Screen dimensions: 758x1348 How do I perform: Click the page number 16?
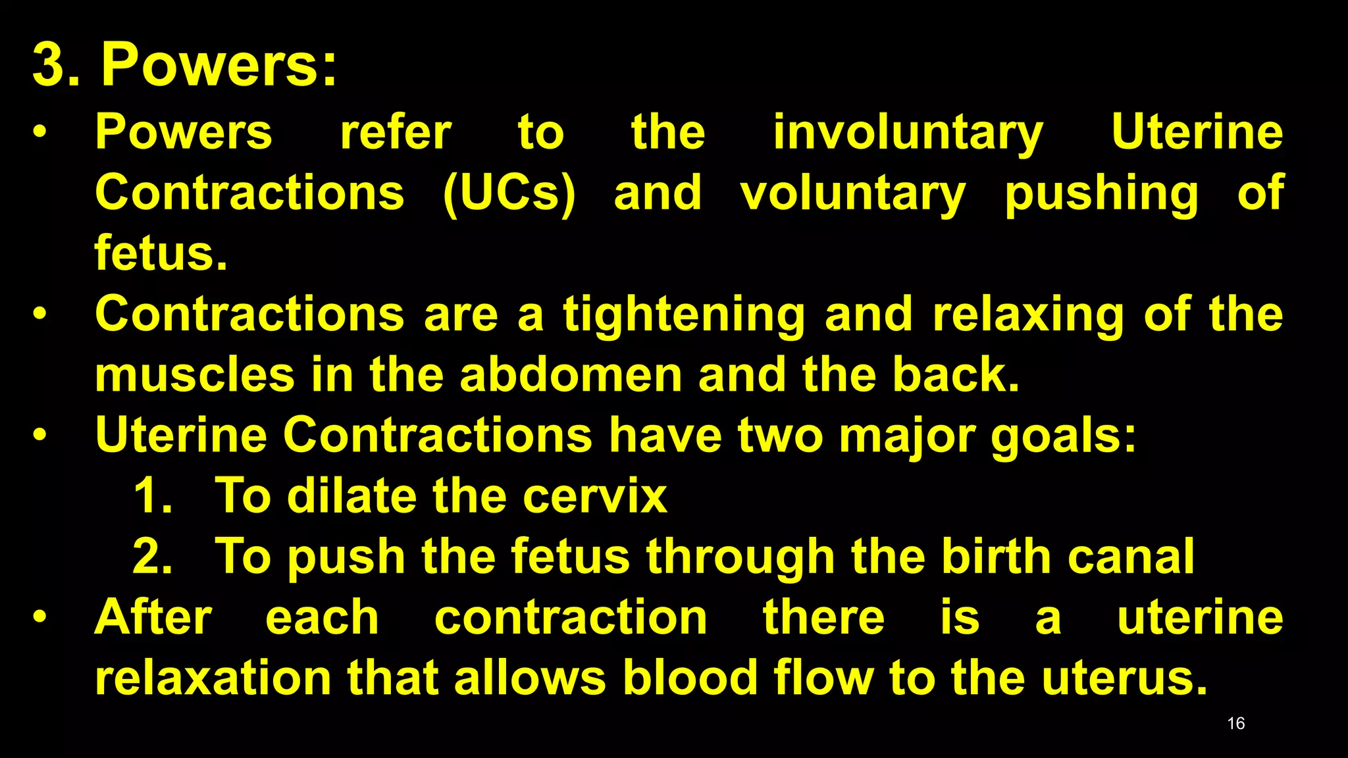pyautogui.click(x=1235, y=723)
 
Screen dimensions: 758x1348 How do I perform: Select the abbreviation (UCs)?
pyautogui.click(x=509, y=193)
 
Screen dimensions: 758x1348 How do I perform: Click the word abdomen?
pyautogui.click(x=571, y=374)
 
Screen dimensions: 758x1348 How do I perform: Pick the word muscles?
pyautogui.click(x=195, y=374)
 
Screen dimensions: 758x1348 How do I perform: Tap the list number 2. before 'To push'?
pyautogui.click(x=152, y=557)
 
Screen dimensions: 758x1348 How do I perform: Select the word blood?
pyautogui.click(x=690, y=678)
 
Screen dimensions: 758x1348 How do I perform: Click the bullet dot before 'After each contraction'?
pyautogui.click(x=40, y=617)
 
